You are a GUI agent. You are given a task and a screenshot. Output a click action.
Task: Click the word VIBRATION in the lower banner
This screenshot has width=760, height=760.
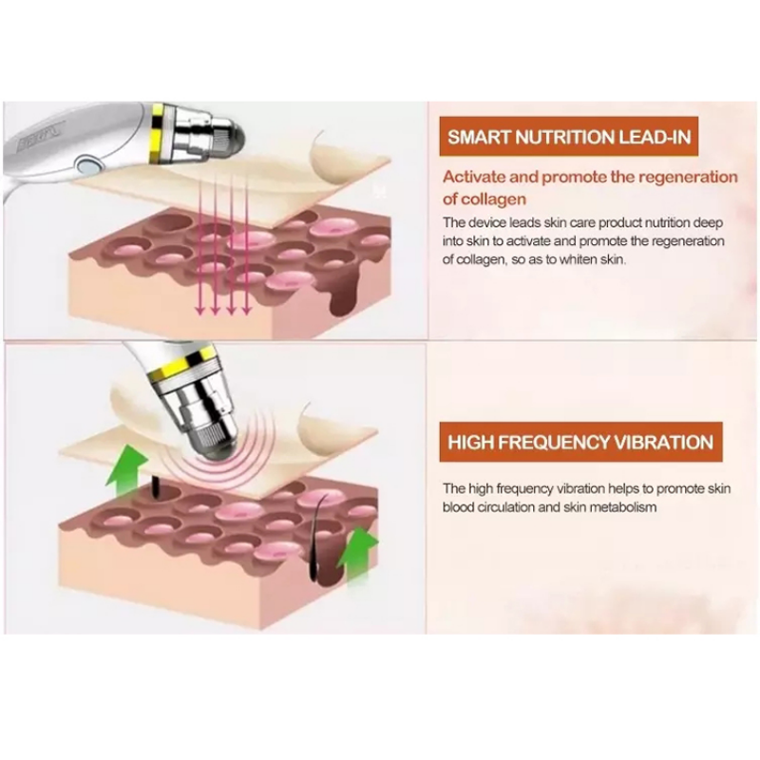tap(663, 443)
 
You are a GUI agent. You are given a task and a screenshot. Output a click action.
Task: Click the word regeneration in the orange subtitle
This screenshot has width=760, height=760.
tap(688, 178)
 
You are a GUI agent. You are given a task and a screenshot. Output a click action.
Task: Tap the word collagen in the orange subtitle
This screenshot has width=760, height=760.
tap(493, 199)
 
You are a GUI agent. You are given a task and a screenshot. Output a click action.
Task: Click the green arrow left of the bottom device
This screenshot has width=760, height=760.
tap(127, 470)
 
